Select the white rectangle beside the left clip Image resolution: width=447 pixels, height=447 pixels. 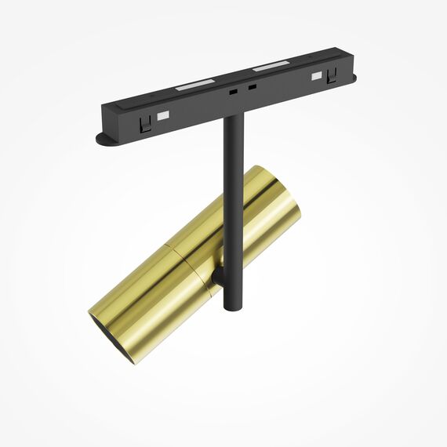pyautogui.click(x=163, y=117)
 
